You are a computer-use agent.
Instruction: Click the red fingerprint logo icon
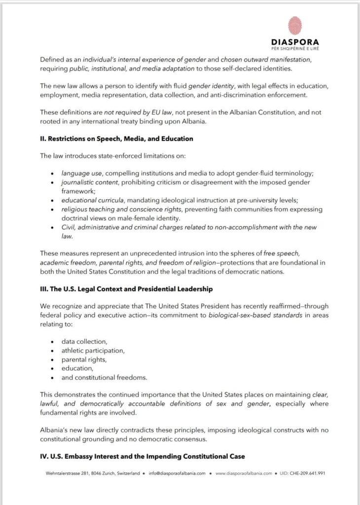point(295,26)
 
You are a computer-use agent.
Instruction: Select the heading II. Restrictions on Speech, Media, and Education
point(116,139)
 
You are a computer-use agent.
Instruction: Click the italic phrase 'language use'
point(80,174)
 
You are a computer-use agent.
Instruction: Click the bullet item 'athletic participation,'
point(93,351)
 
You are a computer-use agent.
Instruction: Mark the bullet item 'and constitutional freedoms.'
point(104,378)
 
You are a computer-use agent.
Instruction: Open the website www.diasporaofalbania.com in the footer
point(244,472)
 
